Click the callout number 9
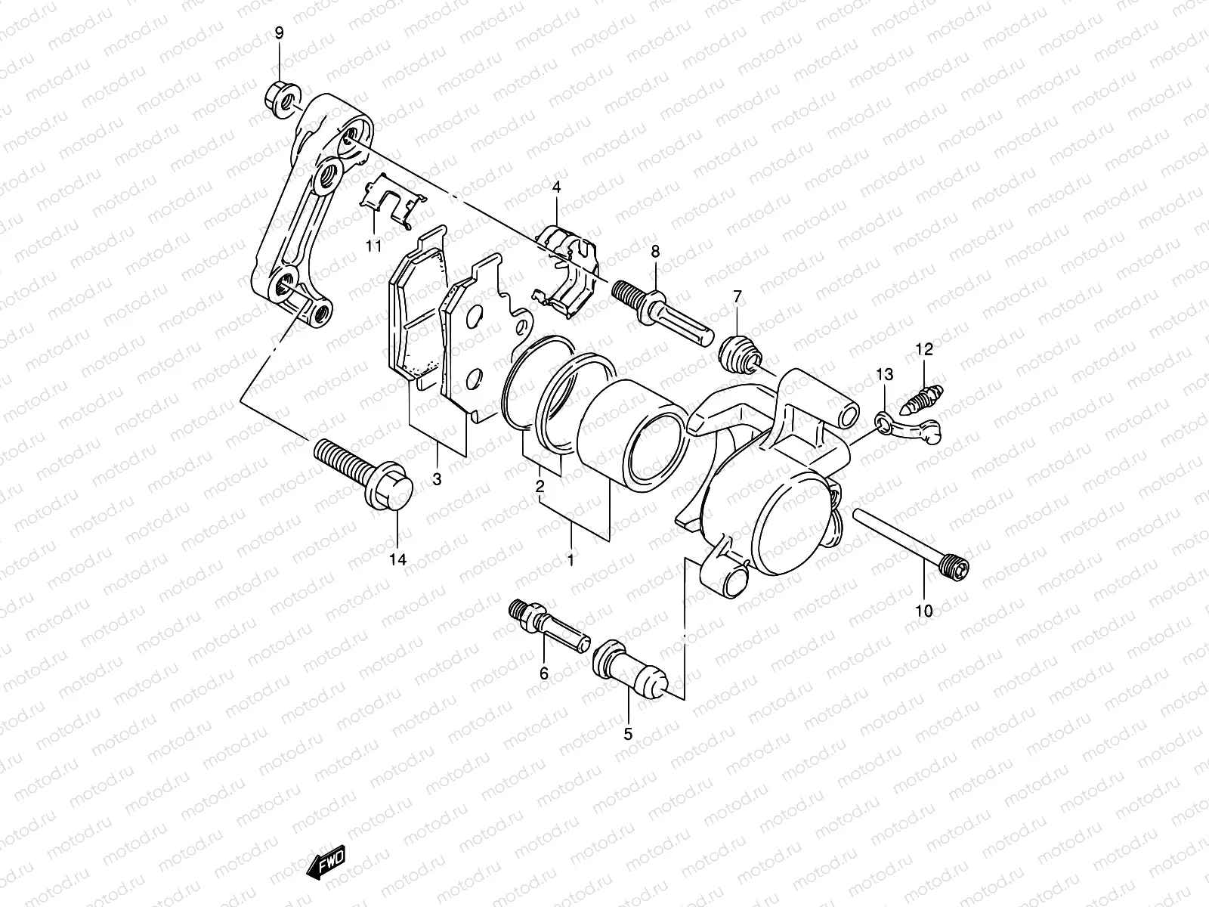tap(280, 33)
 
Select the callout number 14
tap(397, 559)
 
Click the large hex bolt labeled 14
tap(363, 470)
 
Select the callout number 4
tap(556, 187)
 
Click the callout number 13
tap(884, 374)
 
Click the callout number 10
tap(923, 611)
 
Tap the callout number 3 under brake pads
tap(437, 479)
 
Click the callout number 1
tap(570, 561)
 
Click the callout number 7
tap(738, 296)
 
